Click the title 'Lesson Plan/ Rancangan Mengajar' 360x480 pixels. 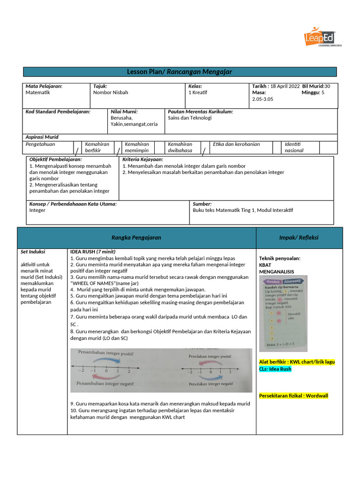click(180, 72)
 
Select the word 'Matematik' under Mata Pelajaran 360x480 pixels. click(37, 93)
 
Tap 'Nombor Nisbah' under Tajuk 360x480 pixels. click(111, 93)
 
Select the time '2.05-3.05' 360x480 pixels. click(262, 99)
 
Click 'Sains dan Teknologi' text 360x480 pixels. click(190, 118)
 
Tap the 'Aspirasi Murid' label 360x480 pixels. click(42, 137)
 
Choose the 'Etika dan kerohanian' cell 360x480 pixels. click(236, 144)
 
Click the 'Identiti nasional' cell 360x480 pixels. click(294, 147)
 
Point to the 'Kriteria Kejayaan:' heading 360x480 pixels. click(142, 160)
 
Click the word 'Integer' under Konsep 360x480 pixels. click(37, 210)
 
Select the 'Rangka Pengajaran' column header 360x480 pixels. click(136, 238)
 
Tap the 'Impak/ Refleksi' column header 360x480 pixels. click(299, 238)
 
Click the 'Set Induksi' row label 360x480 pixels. click(33, 252)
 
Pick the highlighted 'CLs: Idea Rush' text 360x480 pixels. click(275, 369)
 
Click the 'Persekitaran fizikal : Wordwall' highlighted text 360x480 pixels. click(293, 396)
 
